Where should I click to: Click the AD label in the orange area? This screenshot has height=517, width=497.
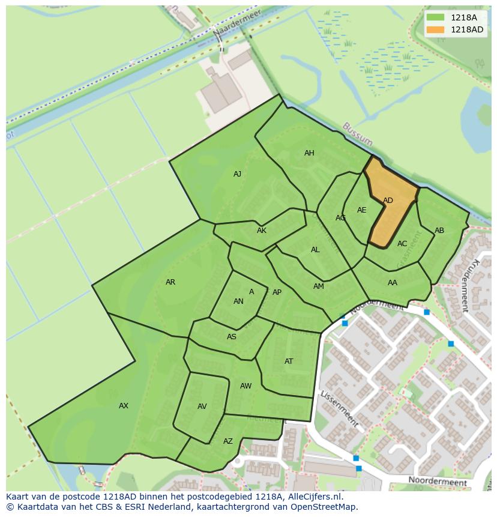[388, 201]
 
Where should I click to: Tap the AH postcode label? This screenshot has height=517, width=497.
[309, 153]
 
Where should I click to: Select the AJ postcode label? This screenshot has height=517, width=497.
[237, 174]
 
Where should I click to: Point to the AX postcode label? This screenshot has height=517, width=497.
[124, 406]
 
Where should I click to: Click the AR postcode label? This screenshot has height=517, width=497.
[170, 282]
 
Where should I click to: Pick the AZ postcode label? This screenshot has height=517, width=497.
[228, 441]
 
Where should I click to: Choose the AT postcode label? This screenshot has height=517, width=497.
[289, 361]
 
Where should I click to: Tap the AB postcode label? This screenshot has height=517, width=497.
[439, 231]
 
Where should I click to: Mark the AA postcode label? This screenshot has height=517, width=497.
[393, 283]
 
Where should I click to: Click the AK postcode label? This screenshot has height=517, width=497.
[262, 231]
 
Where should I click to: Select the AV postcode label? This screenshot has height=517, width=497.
[202, 407]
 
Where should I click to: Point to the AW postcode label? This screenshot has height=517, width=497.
[246, 386]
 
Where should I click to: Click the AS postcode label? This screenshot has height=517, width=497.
[232, 337]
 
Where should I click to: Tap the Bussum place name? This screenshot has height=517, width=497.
[358, 135]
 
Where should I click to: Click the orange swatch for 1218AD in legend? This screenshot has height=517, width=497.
[436, 29]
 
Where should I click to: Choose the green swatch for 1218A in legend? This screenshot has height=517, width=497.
[436, 17]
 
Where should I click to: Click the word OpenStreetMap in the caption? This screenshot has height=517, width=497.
[322, 507]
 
